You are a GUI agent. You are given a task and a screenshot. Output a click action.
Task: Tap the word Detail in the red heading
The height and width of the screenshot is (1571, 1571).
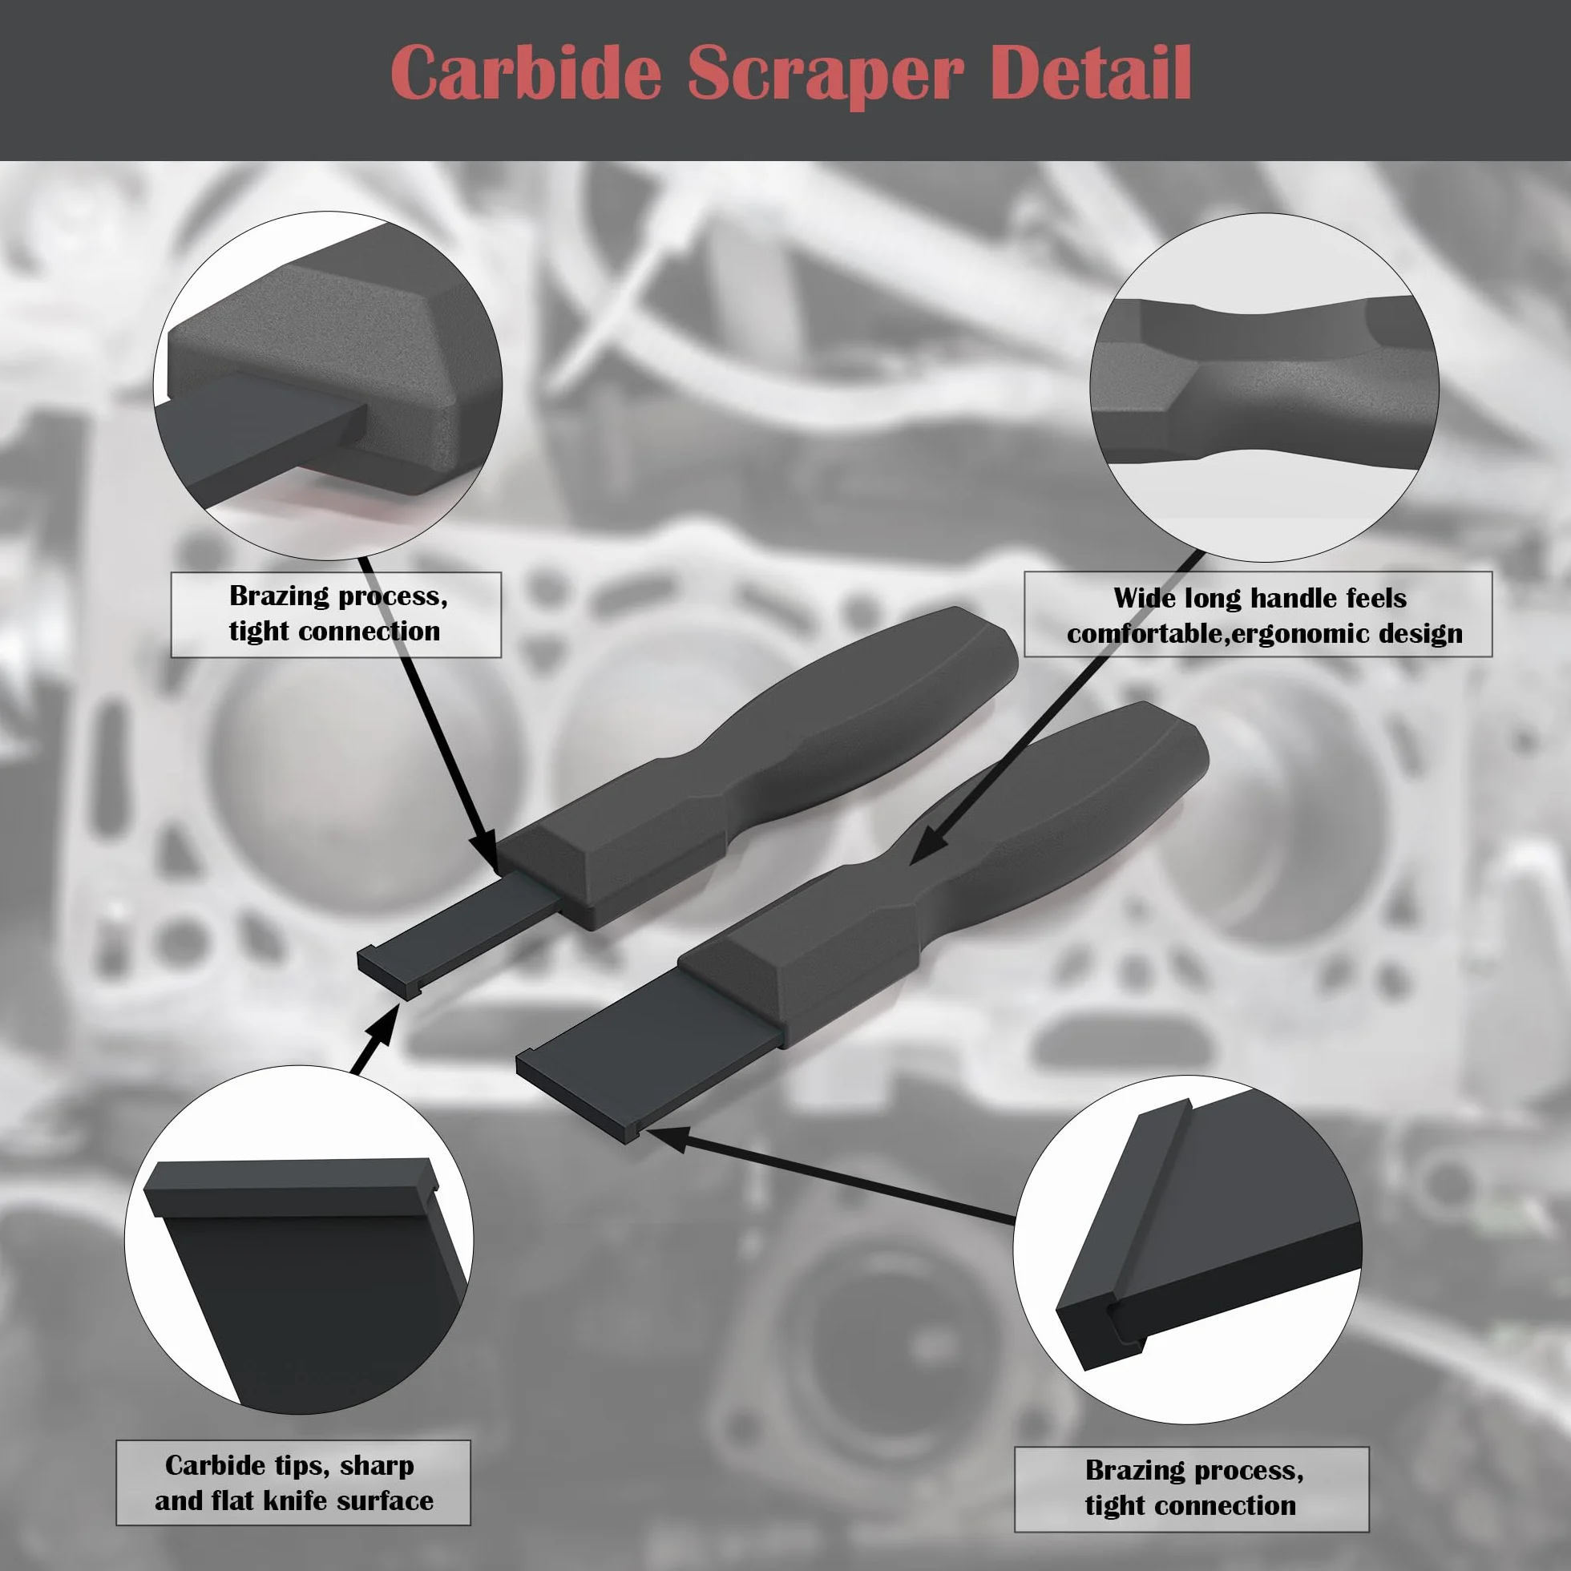coord(1090,72)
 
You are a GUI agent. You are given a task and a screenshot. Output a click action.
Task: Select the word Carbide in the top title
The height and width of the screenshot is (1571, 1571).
coord(526,72)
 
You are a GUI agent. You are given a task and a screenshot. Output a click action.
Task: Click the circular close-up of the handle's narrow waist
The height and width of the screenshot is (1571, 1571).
coord(1265,387)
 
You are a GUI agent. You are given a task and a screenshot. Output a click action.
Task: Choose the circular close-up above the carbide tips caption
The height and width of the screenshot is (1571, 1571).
coord(298,1240)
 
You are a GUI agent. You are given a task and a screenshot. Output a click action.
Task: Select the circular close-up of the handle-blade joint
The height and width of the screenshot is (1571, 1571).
coord(328,386)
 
